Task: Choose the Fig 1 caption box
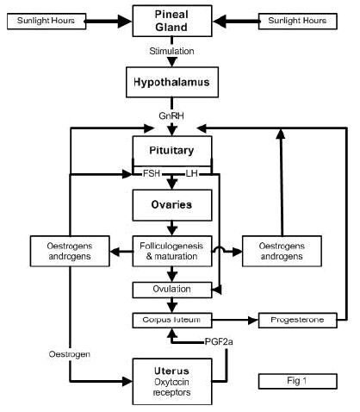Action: pyautogui.click(x=294, y=379)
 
